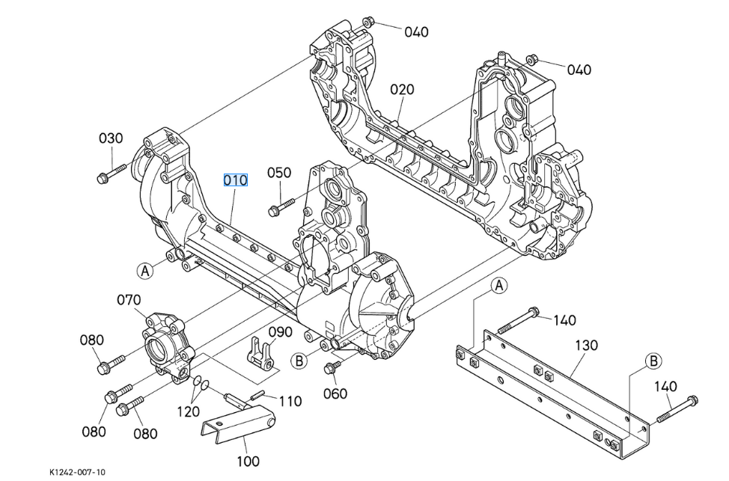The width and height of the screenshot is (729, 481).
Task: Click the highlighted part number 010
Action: [x=235, y=180]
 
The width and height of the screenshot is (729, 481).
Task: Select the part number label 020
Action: [x=402, y=90]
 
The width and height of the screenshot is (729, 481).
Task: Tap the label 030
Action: [x=111, y=139]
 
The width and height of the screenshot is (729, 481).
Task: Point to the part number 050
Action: [x=279, y=173]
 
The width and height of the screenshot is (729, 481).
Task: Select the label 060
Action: [x=335, y=393]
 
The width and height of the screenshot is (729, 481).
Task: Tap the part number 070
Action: [x=128, y=301]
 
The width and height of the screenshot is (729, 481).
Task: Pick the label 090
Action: [x=281, y=332]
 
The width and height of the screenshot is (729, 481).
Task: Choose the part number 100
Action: [x=248, y=461]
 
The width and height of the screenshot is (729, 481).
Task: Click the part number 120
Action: [x=188, y=411]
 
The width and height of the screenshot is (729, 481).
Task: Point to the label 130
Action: [x=586, y=346]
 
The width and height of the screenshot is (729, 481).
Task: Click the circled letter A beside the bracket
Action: [x=499, y=285]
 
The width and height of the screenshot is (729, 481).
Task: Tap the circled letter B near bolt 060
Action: [x=299, y=361]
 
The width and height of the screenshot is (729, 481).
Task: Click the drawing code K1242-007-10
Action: [x=78, y=472]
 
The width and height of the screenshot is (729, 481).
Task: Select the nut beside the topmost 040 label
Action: [x=368, y=21]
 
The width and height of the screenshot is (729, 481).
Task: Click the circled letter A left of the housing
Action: [x=145, y=270]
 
